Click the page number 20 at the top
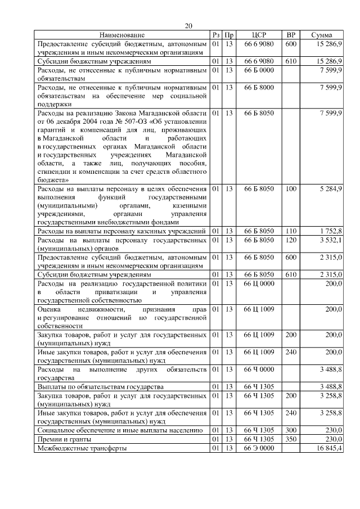click(x=188, y=26)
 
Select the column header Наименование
click(x=122, y=35)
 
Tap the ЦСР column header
click(x=259, y=35)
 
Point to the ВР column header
click(x=291, y=35)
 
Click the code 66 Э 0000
click(x=259, y=448)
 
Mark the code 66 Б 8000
click(x=259, y=88)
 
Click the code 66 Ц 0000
click(x=259, y=283)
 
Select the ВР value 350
click(x=291, y=439)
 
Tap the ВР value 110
click(x=291, y=231)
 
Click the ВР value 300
click(x=291, y=430)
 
